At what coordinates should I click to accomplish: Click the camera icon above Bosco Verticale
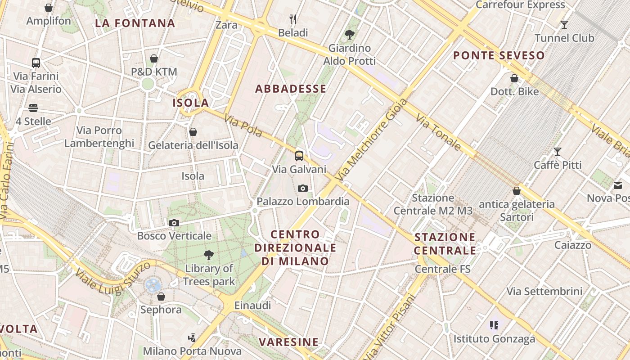point(174,223)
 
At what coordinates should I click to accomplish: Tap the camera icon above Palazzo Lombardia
point(303,188)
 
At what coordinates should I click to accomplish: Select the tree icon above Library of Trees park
point(208,255)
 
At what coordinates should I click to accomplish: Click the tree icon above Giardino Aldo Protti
point(349,34)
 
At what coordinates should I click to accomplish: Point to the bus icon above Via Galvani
point(299,156)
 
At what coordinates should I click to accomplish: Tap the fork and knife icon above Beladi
point(293,19)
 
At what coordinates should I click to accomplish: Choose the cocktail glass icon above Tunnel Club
point(564,24)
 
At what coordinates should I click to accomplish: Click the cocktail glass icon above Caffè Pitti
point(558,151)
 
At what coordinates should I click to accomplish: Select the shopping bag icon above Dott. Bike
point(514,78)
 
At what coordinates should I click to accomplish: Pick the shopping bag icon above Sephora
point(161,297)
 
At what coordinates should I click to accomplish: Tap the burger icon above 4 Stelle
point(33,108)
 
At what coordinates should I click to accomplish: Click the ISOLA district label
point(191,103)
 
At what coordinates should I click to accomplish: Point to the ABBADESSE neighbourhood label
point(291,89)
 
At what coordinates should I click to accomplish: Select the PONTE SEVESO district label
point(499,56)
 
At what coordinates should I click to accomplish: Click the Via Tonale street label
point(438,132)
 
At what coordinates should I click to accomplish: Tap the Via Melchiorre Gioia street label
point(371,139)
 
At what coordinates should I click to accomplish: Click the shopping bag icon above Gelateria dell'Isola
point(193,132)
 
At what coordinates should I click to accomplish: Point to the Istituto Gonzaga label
point(494,339)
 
